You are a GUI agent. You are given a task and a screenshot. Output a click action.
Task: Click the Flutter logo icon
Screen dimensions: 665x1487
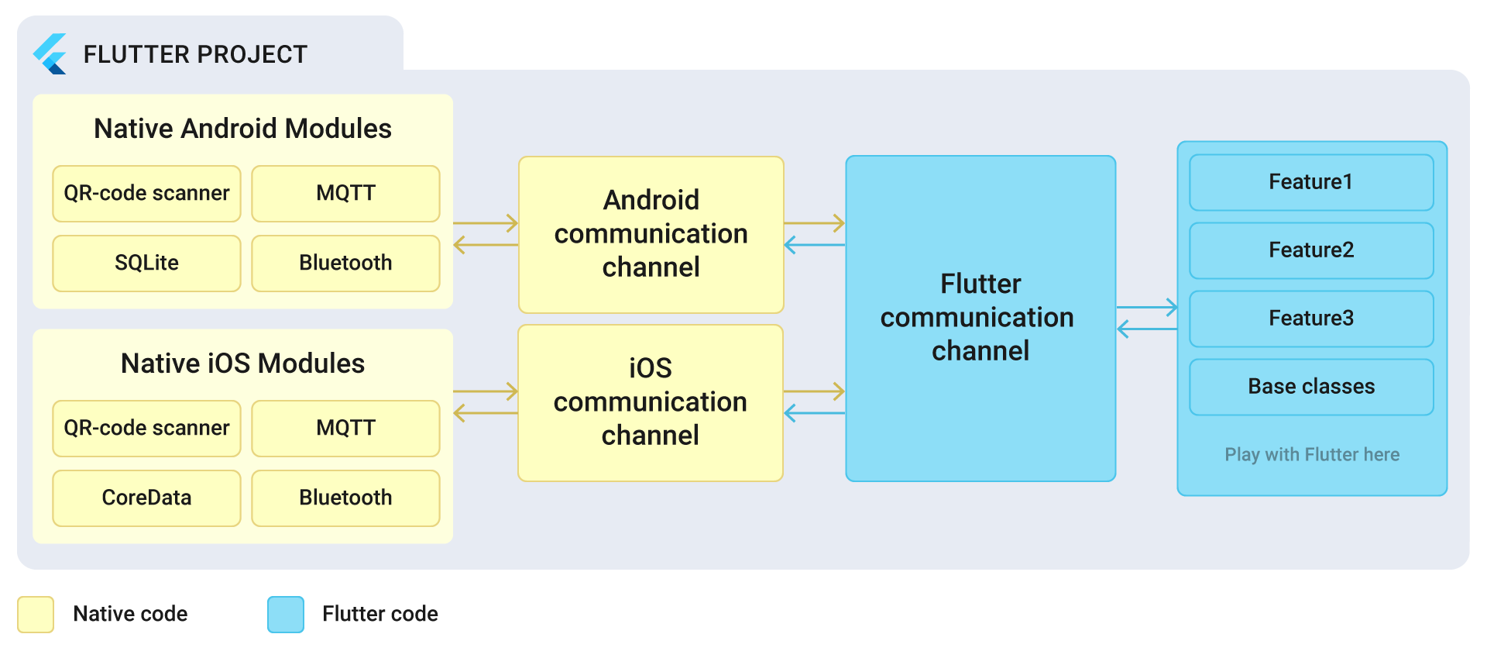pos(50,54)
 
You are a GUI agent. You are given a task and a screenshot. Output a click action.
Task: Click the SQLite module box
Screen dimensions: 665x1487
pos(146,264)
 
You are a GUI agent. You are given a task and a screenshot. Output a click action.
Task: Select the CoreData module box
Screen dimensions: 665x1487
pos(146,498)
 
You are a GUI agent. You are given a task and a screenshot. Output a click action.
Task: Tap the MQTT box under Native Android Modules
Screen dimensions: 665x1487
pos(345,194)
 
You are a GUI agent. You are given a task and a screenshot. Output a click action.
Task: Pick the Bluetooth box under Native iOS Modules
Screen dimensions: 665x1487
pos(345,498)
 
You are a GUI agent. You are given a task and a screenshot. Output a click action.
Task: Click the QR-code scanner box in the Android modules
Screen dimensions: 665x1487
pos(146,194)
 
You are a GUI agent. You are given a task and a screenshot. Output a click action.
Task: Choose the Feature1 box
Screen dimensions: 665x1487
pos(1311,182)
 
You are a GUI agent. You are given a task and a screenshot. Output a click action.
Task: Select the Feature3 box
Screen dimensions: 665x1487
pos(1311,319)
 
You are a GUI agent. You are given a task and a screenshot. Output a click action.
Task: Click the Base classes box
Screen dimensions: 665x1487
pos(1311,387)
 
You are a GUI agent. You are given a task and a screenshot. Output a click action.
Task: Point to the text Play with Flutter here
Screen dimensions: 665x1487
pos(1312,455)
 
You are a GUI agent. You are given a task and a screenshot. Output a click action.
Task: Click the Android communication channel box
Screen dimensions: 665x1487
pos(651,234)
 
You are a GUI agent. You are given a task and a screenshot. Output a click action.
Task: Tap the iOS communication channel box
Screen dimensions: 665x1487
pos(651,402)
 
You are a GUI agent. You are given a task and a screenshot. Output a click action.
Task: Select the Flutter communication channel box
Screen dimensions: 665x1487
pos(980,318)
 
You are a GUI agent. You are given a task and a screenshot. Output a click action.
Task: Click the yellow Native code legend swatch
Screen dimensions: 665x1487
pos(36,615)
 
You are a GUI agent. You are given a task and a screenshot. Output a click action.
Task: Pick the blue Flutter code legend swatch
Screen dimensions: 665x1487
pos(286,615)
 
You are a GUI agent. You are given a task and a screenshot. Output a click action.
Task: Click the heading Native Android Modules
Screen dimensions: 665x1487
pos(242,129)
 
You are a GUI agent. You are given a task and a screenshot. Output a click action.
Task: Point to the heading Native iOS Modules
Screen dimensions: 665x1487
pos(242,364)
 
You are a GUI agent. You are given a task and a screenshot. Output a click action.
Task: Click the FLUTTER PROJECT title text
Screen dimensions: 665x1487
pos(195,55)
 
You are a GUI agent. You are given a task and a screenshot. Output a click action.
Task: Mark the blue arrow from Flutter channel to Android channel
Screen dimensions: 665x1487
pos(814,246)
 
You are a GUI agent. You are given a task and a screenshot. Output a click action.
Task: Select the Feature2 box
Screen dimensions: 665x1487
pos(1311,250)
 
